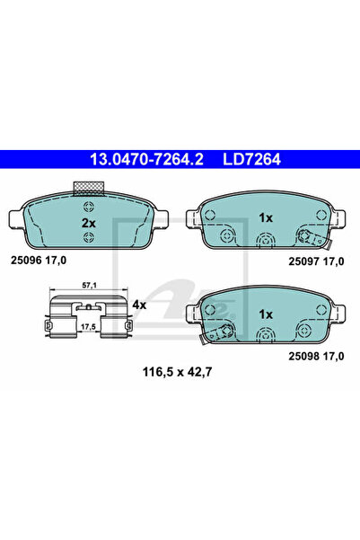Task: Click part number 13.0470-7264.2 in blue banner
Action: [x=146, y=159]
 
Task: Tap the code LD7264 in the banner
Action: [x=252, y=159]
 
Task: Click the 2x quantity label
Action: [x=89, y=223]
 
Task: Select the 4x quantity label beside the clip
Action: [x=139, y=305]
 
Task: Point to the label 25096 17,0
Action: [x=39, y=261]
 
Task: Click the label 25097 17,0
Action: [x=316, y=261]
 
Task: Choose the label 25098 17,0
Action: [x=316, y=356]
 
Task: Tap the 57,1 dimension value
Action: [x=89, y=285]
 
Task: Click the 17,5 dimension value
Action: [x=89, y=326]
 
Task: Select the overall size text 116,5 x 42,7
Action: [x=178, y=372]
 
